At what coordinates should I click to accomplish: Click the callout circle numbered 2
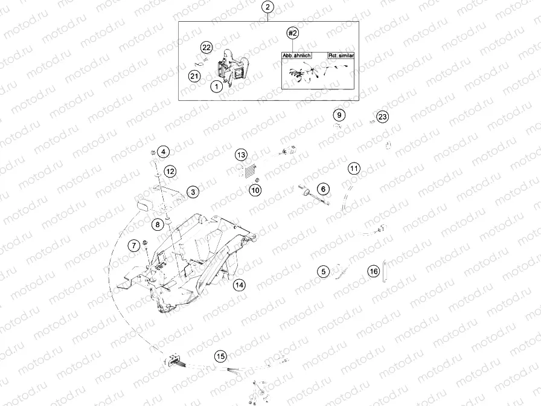pyautogui.click(x=268, y=8)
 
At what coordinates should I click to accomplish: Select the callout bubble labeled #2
pyautogui.click(x=293, y=33)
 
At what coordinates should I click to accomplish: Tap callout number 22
pyautogui.click(x=206, y=48)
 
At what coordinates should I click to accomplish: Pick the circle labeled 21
pyautogui.click(x=194, y=76)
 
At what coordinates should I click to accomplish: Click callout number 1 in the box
pyautogui.click(x=215, y=86)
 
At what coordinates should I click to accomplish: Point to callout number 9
pyautogui.click(x=339, y=115)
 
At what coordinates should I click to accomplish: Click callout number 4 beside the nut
pyautogui.click(x=164, y=152)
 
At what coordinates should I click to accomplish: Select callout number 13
pyautogui.click(x=242, y=155)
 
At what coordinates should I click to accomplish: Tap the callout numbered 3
pyautogui.click(x=193, y=192)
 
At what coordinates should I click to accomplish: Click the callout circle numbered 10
pyautogui.click(x=255, y=190)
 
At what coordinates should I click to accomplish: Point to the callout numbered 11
pyautogui.click(x=353, y=168)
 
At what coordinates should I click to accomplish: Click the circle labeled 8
pyautogui.click(x=156, y=224)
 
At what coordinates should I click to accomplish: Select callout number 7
pyautogui.click(x=133, y=245)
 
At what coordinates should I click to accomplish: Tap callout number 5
pyautogui.click(x=324, y=272)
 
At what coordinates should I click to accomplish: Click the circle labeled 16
pyautogui.click(x=374, y=272)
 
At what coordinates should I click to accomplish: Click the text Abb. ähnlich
pyautogui.click(x=296, y=55)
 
